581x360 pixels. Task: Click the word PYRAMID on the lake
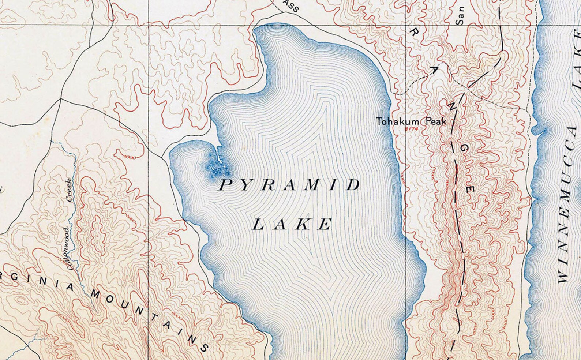[x=289, y=185]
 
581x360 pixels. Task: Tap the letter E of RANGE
[x=471, y=189]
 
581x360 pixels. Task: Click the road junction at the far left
[x=60, y=98]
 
